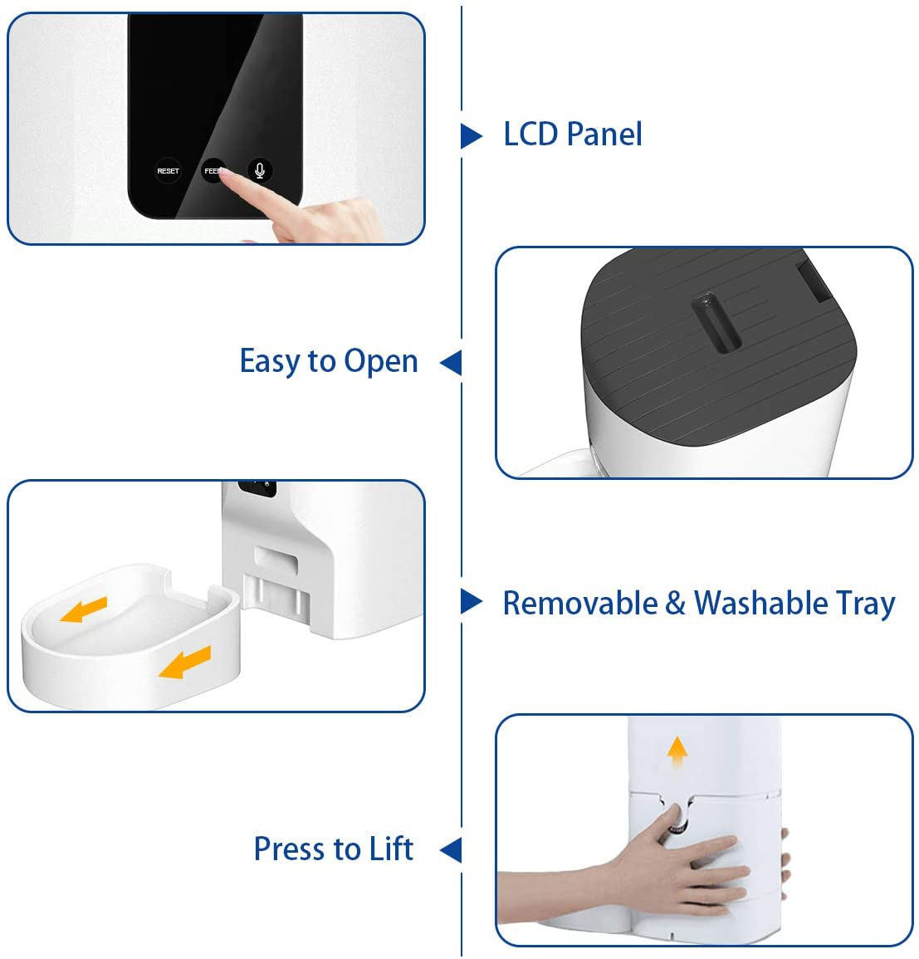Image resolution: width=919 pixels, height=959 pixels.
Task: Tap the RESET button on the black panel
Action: tap(168, 171)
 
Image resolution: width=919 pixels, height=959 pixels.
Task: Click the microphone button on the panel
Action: tap(260, 171)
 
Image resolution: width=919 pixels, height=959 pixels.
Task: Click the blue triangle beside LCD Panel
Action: tap(471, 135)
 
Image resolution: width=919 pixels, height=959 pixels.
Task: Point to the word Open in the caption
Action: tap(381, 362)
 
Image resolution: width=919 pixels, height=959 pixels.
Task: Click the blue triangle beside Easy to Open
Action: tap(451, 362)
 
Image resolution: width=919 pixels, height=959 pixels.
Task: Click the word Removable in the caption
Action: tap(579, 603)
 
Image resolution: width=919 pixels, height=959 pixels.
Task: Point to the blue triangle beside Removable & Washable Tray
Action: tap(471, 602)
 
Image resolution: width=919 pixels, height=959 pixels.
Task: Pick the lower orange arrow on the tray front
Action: tap(185, 663)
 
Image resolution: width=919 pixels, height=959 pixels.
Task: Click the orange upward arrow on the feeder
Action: tap(678, 752)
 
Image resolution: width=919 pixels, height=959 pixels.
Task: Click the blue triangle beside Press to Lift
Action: tap(451, 849)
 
